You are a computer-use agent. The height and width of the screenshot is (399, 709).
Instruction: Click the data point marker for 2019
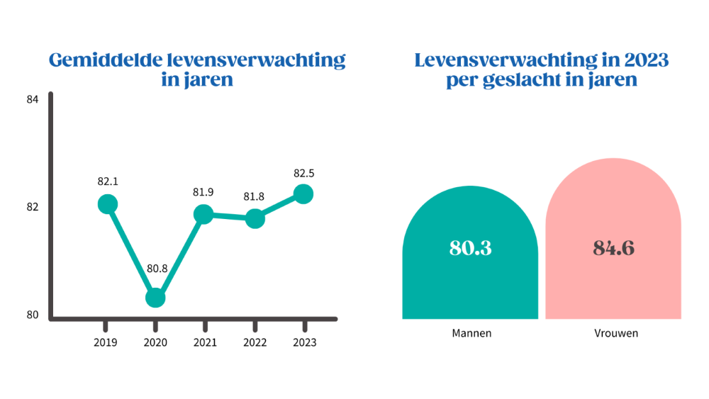click(x=107, y=205)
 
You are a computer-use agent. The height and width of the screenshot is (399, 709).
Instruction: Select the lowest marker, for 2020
click(x=155, y=298)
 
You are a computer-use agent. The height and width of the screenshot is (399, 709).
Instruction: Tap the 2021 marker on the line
click(x=203, y=214)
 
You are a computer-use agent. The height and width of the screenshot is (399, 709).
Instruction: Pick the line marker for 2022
click(x=255, y=219)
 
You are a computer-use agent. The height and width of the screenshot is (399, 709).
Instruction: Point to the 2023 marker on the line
click(x=303, y=193)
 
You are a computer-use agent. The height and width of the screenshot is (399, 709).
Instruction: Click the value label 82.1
click(x=108, y=181)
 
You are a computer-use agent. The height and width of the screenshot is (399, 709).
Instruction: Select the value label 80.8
click(x=157, y=269)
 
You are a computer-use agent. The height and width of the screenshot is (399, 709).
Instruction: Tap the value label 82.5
click(x=303, y=172)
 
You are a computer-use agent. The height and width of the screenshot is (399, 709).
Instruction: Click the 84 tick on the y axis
click(x=32, y=100)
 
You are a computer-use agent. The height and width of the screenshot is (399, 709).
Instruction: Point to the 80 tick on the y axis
click(x=32, y=315)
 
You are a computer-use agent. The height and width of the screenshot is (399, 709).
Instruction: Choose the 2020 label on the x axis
click(x=155, y=342)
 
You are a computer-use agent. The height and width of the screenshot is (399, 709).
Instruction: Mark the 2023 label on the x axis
click(x=304, y=342)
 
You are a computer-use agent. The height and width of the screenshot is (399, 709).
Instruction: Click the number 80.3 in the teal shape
click(x=470, y=248)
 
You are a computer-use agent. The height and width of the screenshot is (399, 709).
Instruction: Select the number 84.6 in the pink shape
click(x=613, y=248)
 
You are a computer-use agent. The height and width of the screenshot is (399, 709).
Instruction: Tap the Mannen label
click(x=470, y=333)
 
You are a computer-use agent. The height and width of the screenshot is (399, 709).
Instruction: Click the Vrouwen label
click(x=613, y=333)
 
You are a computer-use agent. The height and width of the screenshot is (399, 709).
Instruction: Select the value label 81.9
click(x=204, y=191)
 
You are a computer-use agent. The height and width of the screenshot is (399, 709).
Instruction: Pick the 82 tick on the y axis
click(x=32, y=208)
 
